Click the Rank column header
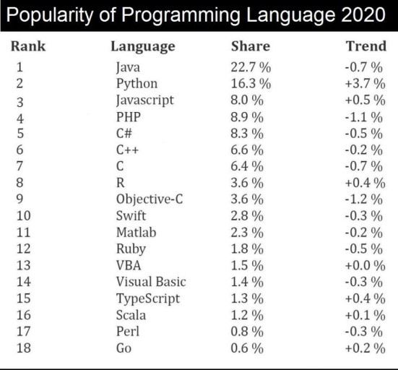click(x=28, y=46)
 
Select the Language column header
click(x=143, y=47)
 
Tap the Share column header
click(x=251, y=46)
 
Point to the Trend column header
click(x=366, y=46)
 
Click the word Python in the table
click(x=137, y=85)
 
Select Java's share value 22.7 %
click(x=251, y=67)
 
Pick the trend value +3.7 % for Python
click(x=365, y=84)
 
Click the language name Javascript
click(x=145, y=100)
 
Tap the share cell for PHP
click(x=247, y=117)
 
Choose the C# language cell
click(x=124, y=133)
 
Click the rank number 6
click(x=20, y=150)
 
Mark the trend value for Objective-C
click(x=364, y=199)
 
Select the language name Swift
click(x=131, y=215)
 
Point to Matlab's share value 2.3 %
click(x=247, y=233)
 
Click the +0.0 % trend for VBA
click(x=365, y=265)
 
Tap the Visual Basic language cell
click(x=151, y=282)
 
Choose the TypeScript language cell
click(x=148, y=299)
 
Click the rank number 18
click(x=24, y=348)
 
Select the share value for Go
click(x=247, y=348)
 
